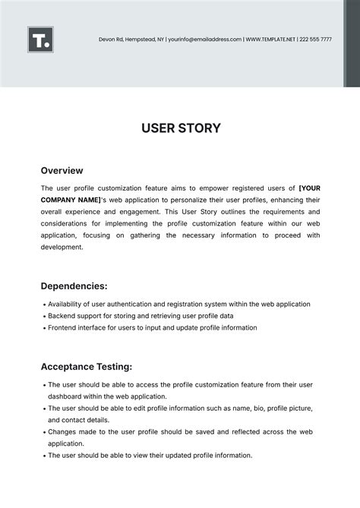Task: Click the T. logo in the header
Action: [x=40, y=39]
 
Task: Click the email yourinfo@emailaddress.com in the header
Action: [x=204, y=39]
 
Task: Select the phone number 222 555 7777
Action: [x=315, y=39]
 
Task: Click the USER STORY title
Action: [x=181, y=128]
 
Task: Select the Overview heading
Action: [x=62, y=171]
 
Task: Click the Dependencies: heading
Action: [x=74, y=286]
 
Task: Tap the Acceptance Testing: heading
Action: [x=87, y=367]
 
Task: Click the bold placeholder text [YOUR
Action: [x=310, y=188]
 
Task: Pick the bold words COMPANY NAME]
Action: [x=71, y=200]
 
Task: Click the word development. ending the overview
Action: [x=62, y=247]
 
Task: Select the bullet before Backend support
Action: [x=43, y=316]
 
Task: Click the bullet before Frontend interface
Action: [x=43, y=328]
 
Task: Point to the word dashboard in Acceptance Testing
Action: [x=66, y=396]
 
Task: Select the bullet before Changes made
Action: [x=43, y=431]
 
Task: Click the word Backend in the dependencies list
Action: [x=62, y=316]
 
